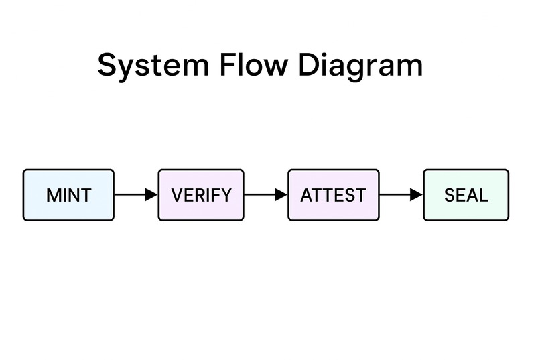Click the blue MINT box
coord(68,195)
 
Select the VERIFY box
coord(201,195)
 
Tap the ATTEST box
coord(333,195)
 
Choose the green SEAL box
coord(466,195)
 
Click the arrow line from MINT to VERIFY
coord(131,195)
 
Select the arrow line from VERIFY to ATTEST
coord(261,195)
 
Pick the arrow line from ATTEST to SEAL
coord(395,195)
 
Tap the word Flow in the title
coord(254,65)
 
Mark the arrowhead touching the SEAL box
coord(417,195)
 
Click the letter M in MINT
coord(53,196)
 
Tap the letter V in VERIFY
coord(177,196)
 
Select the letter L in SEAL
coord(484,196)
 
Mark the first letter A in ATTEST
coord(307,196)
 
